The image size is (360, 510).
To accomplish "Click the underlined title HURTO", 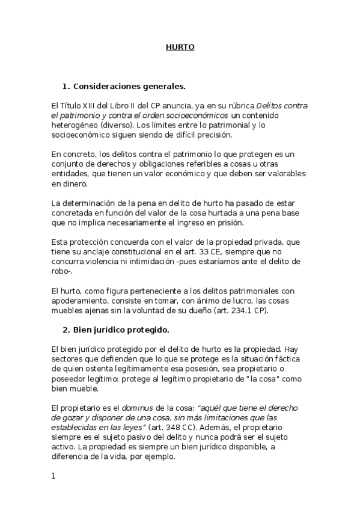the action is click(x=180, y=47).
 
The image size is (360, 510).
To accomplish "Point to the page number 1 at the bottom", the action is click(x=53, y=476).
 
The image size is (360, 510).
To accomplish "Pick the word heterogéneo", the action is click(x=74, y=124).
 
